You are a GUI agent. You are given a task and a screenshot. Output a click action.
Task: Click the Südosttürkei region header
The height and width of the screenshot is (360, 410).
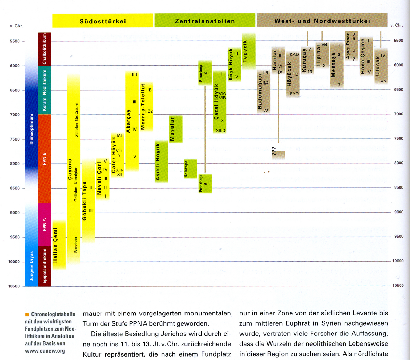[103, 21]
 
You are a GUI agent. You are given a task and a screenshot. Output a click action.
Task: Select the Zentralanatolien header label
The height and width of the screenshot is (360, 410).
[205, 21]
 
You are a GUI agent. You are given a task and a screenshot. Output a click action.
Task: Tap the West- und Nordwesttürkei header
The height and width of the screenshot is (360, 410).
[322, 21]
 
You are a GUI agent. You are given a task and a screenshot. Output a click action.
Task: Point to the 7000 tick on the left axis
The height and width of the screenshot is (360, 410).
[15, 115]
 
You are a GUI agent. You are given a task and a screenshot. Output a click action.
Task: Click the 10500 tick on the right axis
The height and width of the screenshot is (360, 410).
[398, 285]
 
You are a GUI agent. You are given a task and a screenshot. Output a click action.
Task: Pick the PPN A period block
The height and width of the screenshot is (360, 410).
[44, 224]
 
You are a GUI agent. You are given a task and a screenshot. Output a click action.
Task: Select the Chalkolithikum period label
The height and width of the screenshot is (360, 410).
[44, 49]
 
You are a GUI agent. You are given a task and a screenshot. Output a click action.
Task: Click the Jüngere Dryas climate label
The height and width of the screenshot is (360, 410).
[31, 266]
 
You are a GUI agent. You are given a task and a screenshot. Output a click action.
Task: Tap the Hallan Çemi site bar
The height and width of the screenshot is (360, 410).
[59, 245]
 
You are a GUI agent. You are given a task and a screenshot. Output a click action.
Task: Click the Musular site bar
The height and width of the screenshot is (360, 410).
[176, 129]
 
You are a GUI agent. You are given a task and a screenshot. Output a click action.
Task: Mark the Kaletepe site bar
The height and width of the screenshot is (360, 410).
[190, 169]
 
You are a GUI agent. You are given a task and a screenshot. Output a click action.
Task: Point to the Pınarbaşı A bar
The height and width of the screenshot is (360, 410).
[205, 183]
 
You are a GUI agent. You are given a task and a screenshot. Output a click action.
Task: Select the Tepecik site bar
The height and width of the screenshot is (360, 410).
[249, 51]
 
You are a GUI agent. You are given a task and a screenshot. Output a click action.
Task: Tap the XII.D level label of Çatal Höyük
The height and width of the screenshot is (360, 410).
[220, 130]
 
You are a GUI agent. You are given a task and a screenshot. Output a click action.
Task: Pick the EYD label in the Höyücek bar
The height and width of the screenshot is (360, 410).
[294, 94]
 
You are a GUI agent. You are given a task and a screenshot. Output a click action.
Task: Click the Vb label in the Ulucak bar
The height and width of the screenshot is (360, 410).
[383, 81]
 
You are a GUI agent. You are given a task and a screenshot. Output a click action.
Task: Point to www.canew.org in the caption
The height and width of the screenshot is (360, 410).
[45, 351]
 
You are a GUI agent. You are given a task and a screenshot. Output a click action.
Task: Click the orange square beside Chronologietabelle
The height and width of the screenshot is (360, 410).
[27, 314]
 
